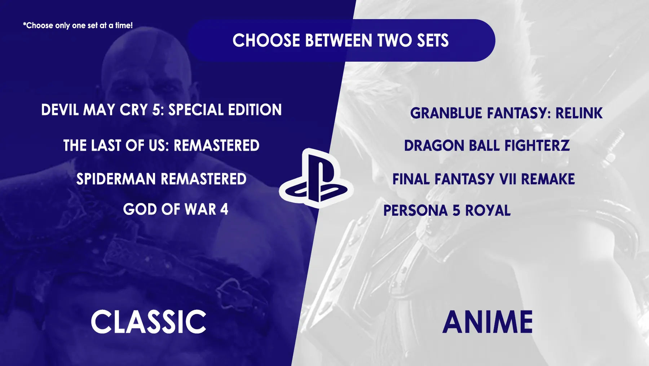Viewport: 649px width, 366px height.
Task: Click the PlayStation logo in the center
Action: coord(316,178)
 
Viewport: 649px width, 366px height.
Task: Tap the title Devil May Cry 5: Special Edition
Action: coord(162,110)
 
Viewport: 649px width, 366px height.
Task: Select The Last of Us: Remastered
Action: coord(162,146)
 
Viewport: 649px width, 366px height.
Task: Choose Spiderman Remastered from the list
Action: coord(162,179)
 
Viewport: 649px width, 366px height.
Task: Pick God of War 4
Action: coord(176,210)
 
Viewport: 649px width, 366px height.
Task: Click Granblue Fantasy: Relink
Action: coord(506,113)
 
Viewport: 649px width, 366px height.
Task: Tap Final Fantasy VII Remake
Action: coord(484,179)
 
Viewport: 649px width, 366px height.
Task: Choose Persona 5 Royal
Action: coord(447,211)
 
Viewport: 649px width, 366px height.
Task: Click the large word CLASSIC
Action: coord(148,322)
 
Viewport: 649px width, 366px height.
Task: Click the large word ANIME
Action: coord(487,322)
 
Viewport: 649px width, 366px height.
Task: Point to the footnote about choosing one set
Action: coord(78,26)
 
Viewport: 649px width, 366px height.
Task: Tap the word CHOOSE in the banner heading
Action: coord(266,40)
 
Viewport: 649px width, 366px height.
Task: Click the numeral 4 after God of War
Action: coord(224,210)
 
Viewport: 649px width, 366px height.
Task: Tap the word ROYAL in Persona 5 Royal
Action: coord(488,211)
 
